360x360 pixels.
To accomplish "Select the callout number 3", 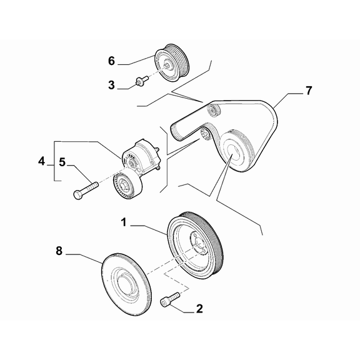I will (x=111, y=84).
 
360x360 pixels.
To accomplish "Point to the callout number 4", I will (x=42, y=161).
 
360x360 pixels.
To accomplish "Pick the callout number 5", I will (x=62, y=162).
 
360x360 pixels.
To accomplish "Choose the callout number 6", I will (x=111, y=61).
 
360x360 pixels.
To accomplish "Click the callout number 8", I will (x=59, y=251).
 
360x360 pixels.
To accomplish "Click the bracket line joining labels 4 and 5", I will (x=52, y=161).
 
